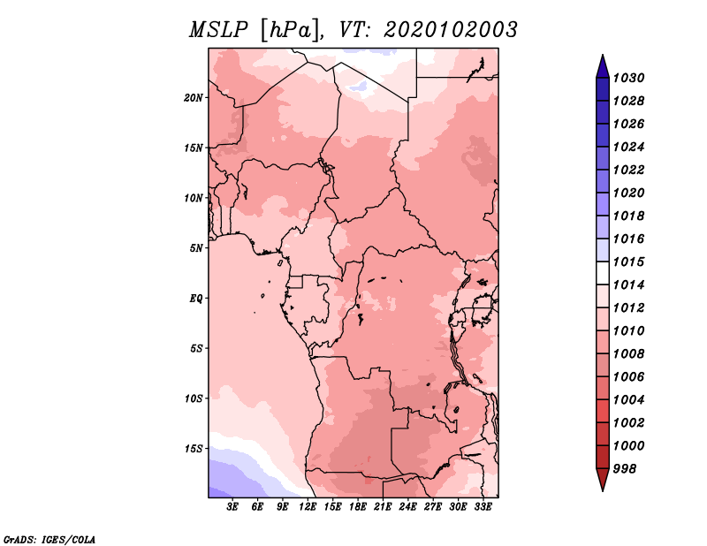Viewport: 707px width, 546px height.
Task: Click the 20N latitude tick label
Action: (x=194, y=98)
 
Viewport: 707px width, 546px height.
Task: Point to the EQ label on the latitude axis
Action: (x=196, y=299)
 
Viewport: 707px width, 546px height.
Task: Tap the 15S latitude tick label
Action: (x=194, y=449)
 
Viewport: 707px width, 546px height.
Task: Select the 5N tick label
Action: (x=196, y=248)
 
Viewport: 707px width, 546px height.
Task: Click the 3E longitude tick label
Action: (x=232, y=507)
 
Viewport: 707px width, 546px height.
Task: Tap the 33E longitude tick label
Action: (x=483, y=507)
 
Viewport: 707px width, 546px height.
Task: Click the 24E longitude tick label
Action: (x=407, y=507)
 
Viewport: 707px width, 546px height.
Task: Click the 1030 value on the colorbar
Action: (x=629, y=78)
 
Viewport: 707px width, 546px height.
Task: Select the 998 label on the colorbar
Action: (x=625, y=469)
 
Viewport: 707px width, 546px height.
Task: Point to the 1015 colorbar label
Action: (x=629, y=262)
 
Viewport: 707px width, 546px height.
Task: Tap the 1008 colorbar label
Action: (x=629, y=354)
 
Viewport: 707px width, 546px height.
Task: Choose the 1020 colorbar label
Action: (x=629, y=193)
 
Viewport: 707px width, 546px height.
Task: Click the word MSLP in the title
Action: (x=218, y=30)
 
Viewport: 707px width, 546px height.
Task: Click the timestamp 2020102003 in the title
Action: (x=450, y=30)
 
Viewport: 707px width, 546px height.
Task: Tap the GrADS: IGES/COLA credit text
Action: (x=49, y=540)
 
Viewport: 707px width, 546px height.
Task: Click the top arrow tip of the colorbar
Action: (x=603, y=55)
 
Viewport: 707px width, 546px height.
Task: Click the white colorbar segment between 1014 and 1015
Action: (x=603, y=273)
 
